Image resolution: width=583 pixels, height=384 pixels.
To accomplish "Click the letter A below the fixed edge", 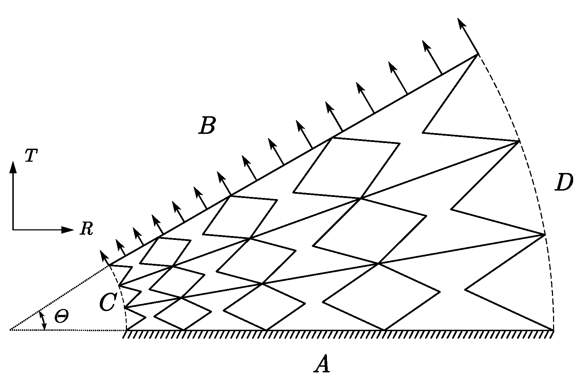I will (x=322, y=364).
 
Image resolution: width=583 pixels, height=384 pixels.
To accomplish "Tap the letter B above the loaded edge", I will (x=207, y=126).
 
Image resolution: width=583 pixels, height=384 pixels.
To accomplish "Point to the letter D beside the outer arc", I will (x=564, y=183).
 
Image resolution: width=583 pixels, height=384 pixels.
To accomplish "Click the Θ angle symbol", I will (x=61, y=317).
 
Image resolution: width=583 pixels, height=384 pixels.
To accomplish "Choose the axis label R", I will (x=86, y=229).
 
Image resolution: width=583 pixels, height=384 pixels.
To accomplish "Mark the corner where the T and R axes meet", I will (x=13, y=230).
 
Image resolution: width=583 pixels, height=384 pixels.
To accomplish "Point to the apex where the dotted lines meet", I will (x=10, y=330).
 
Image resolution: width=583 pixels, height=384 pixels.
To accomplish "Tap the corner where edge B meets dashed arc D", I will (x=478, y=54).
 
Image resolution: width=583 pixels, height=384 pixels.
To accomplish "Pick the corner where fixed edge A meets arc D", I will (x=553, y=330).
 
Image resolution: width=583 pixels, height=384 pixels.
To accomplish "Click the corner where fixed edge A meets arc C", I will (x=127, y=330).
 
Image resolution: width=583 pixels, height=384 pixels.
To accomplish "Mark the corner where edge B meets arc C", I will (x=109, y=265).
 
